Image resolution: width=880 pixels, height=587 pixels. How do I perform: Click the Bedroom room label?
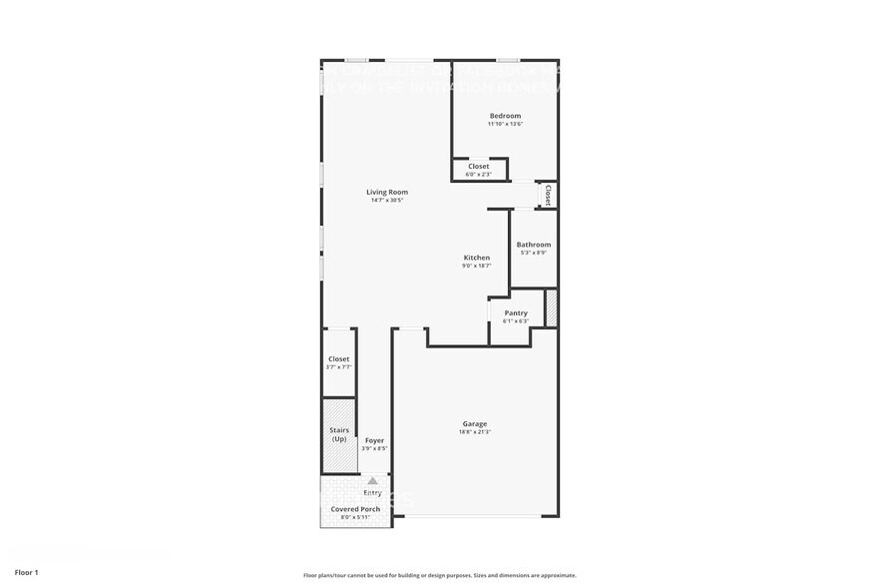tap(504, 116)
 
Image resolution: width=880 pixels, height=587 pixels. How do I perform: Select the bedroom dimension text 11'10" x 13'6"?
tap(504, 125)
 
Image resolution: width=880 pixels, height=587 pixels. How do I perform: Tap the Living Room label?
tap(386, 192)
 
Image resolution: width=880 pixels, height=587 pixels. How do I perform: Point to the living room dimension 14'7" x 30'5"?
tap(386, 201)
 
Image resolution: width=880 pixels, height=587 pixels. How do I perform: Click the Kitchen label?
tap(476, 258)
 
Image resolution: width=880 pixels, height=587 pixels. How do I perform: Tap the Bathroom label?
tap(533, 245)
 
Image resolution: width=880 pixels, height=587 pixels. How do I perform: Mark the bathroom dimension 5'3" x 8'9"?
tap(533, 253)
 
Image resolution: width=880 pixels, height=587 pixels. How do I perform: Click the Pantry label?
tap(515, 313)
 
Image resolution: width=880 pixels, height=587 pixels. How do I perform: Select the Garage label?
tap(474, 423)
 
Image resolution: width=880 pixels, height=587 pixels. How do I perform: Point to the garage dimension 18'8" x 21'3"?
tap(474, 432)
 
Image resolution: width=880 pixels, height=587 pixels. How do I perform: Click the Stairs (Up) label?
tap(339, 434)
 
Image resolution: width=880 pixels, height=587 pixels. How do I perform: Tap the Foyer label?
tap(374, 440)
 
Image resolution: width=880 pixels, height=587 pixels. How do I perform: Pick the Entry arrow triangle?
tap(372, 481)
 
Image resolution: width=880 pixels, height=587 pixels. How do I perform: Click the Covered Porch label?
tap(355, 509)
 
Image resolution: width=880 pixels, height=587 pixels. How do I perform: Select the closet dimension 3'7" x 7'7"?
tap(338, 367)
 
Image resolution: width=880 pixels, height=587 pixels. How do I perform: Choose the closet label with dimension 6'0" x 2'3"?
tap(478, 167)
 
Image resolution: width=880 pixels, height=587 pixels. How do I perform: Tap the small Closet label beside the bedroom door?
tap(548, 193)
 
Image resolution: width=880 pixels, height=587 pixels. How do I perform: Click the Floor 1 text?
tap(27, 573)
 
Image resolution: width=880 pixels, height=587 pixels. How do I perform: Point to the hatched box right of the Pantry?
tap(550, 308)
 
